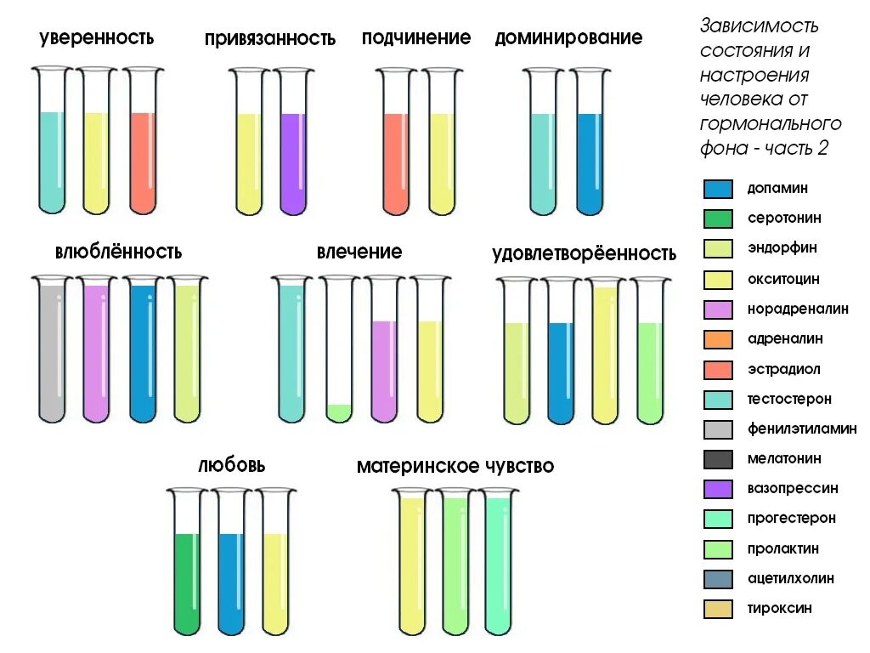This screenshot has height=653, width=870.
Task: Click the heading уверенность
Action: coord(96,37)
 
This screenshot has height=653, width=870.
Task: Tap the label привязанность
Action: coord(269,39)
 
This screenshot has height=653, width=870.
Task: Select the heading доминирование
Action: coord(568,38)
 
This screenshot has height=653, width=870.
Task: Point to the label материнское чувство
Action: coord(455,467)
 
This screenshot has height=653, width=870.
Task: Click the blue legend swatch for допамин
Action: coord(718,189)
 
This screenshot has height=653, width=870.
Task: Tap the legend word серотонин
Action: coord(783,219)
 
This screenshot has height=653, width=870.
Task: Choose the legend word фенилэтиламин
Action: coord(801,429)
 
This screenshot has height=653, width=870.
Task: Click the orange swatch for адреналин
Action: coord(718,339)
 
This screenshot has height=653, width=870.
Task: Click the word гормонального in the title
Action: coord(771,123)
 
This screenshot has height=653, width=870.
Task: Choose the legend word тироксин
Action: coord(779,609)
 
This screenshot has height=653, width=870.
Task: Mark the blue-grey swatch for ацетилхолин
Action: coord(718,579)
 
